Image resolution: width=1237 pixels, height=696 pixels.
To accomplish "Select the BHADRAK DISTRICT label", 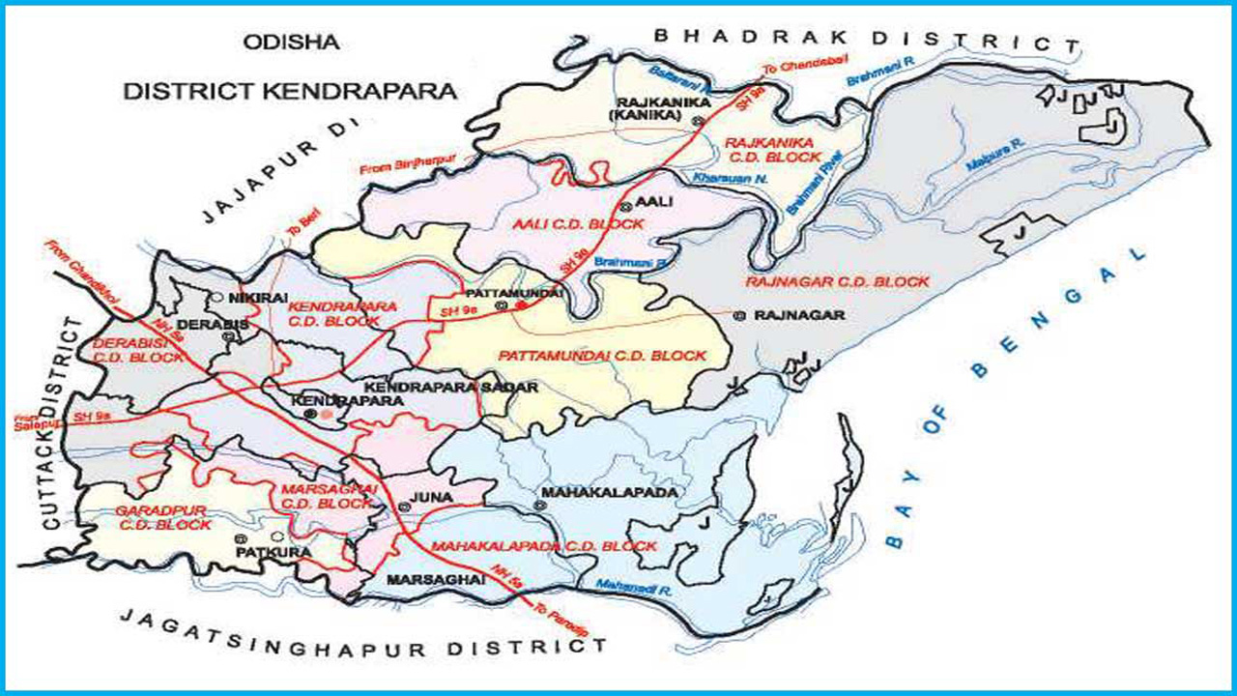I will click(x=866, y=39).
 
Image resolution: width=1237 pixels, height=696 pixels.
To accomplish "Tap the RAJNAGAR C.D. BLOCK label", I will click(x=837, y=282).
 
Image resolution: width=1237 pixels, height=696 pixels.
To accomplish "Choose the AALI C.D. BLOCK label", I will click(x=580, y=224).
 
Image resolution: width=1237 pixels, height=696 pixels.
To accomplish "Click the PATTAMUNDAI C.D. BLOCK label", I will click(x=603, y=356).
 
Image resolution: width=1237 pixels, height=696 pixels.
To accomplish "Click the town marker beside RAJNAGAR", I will click(x=740, y=315).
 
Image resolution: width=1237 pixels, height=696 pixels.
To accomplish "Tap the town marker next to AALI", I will click(x=625, y=207).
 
